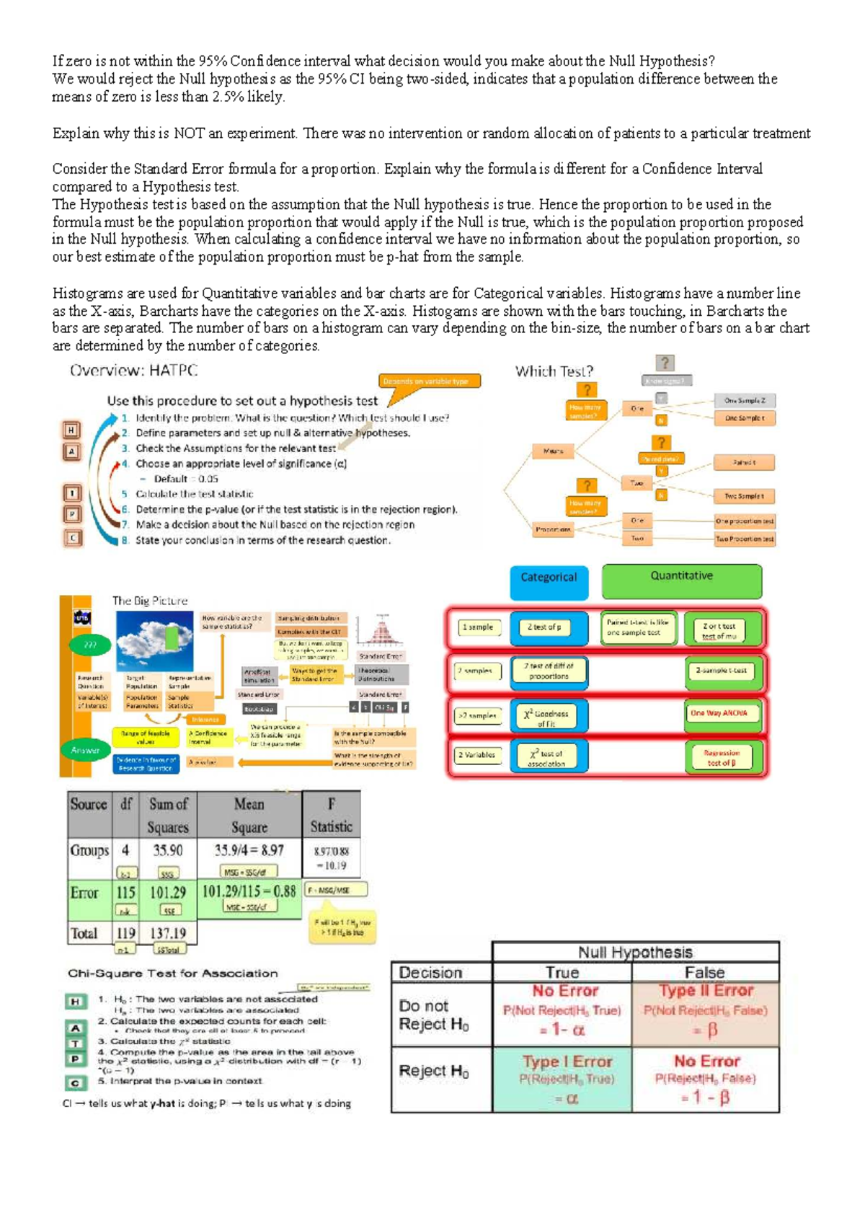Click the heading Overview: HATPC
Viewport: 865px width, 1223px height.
click(x=133, y=371)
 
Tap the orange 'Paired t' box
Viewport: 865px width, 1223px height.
click(x=744, y=462)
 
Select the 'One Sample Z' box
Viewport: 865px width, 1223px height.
click(x=745, y=400)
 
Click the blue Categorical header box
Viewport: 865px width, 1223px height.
click(x=549, y=580)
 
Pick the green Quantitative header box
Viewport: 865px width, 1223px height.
click(x=681, y=580)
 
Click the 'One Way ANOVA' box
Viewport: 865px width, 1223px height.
click(x=719, y=713)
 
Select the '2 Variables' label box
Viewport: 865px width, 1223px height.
click(x=477, y=755)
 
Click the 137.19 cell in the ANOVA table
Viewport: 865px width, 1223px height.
click(x=168, y=933)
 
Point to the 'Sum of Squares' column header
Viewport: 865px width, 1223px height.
click(x=168, y=815)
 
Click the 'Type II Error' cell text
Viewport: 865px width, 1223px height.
click(x=706, y=991)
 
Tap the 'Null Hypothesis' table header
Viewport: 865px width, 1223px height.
click(x=635, y=952)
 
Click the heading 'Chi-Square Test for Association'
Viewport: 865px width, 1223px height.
click(x=173, y=973)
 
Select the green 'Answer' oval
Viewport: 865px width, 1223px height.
click(x=86, y=751)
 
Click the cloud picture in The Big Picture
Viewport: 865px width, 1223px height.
click(x=154, y=641)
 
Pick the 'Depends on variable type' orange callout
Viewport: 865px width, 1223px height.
click(x=430, y=381)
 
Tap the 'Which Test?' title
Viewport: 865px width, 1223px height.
click(x=554, y=371)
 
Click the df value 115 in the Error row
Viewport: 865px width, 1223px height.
click(x=126, y=892)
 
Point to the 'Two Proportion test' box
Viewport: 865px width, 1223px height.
click(x=744, y=539)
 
